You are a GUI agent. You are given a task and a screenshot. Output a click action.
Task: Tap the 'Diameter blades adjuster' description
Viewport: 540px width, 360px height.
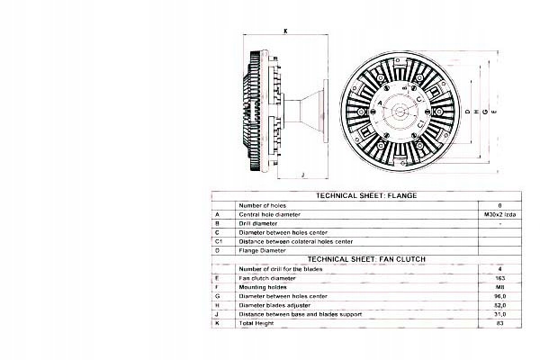click(x=274, y=305)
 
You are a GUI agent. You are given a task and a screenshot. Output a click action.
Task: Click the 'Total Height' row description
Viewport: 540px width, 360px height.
click(x=256, y=323)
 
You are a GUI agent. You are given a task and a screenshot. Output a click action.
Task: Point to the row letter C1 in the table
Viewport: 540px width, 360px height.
click(x=219, y=241)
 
